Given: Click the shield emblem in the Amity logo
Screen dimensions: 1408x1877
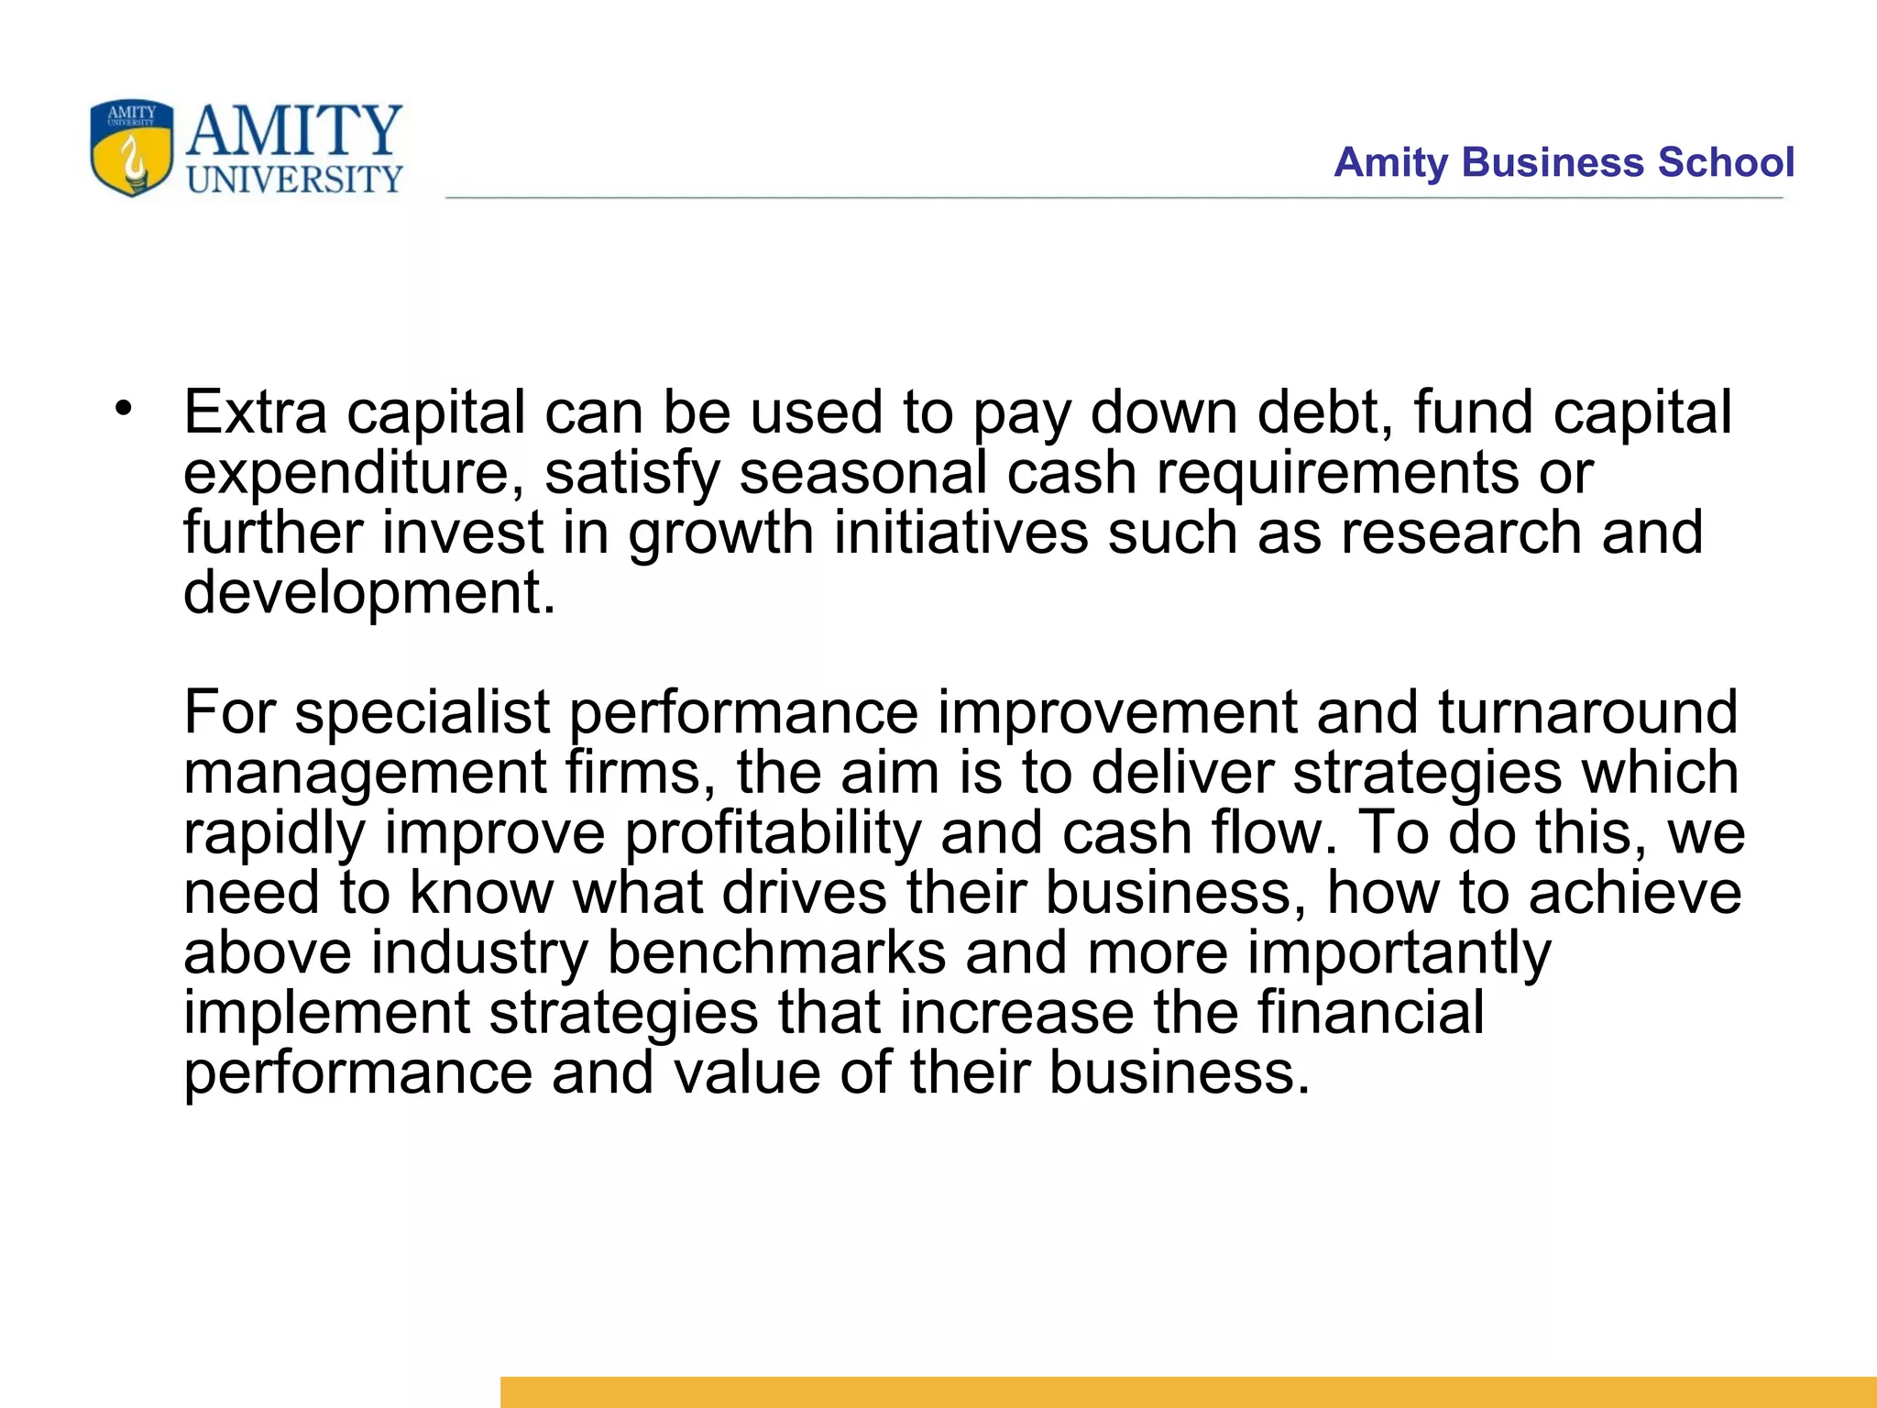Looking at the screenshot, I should [131, 148].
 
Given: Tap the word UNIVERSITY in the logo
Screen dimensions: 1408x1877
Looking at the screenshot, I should [294, 180].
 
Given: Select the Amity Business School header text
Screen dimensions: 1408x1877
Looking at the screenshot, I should [1564, 162].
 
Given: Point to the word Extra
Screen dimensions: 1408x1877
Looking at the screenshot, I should [255, 412].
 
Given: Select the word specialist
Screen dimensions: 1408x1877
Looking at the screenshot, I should [422, 712].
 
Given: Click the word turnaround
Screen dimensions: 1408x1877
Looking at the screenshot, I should [1587, 712].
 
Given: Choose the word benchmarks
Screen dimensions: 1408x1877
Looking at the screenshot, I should [776, 953].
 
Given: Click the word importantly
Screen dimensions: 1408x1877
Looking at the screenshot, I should [1399, 953].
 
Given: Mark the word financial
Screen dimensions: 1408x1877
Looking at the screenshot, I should [1369, 1013].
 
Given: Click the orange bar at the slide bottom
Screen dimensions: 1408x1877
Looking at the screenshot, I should [1188, 1391].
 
